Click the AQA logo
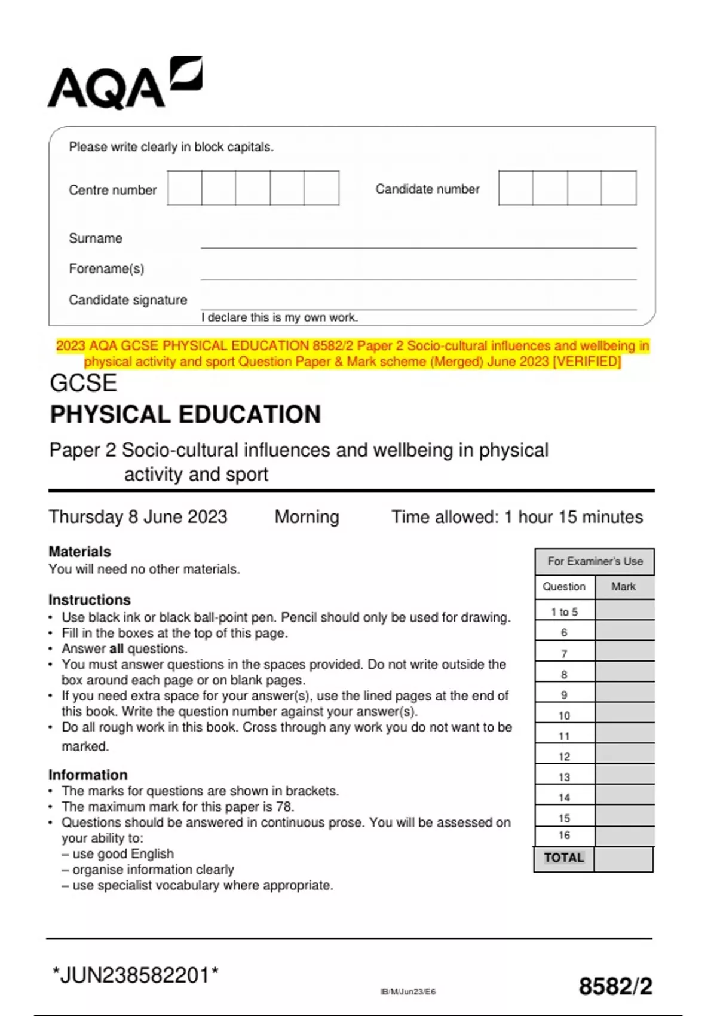pyautogui.click(x=124, y=84)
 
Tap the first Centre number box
pyautogui.click(x=185, y=188)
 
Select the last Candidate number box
pyautogui.click(x=618, y=188)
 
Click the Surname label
pyautogui.click(x=96, y=238)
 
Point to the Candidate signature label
pyautogui.click(x=128, y=300)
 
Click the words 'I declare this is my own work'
pyautogui.click(x=279, y=317)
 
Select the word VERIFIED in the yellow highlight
pyautogui.click(x=588, y=362)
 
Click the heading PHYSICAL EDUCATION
pyautogui.click(x=185, y=414)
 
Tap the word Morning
pyautogui.click(x=307, y=517)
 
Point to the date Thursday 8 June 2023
pyautogui.click(x=138, y=517)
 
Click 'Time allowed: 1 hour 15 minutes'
pyautogui.click(x=517, y=517)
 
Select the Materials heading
pyautogui.click(x=79, y=552)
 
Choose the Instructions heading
pyautogui.click(x=89, y=600)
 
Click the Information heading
pyautogui.click(x=88, y=775)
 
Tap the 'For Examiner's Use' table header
pyautogui.click(x=595, y=561)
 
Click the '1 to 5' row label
pyautogui.click(x=564, y=612)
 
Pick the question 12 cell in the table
pyautogui.click(x=564, y=757)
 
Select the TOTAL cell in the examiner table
pyautogui.click(x=563, y=858)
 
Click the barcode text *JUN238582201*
pyautogui.click(x=135, y=975)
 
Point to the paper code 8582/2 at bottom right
pyautogui.click(x=615, y=987)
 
